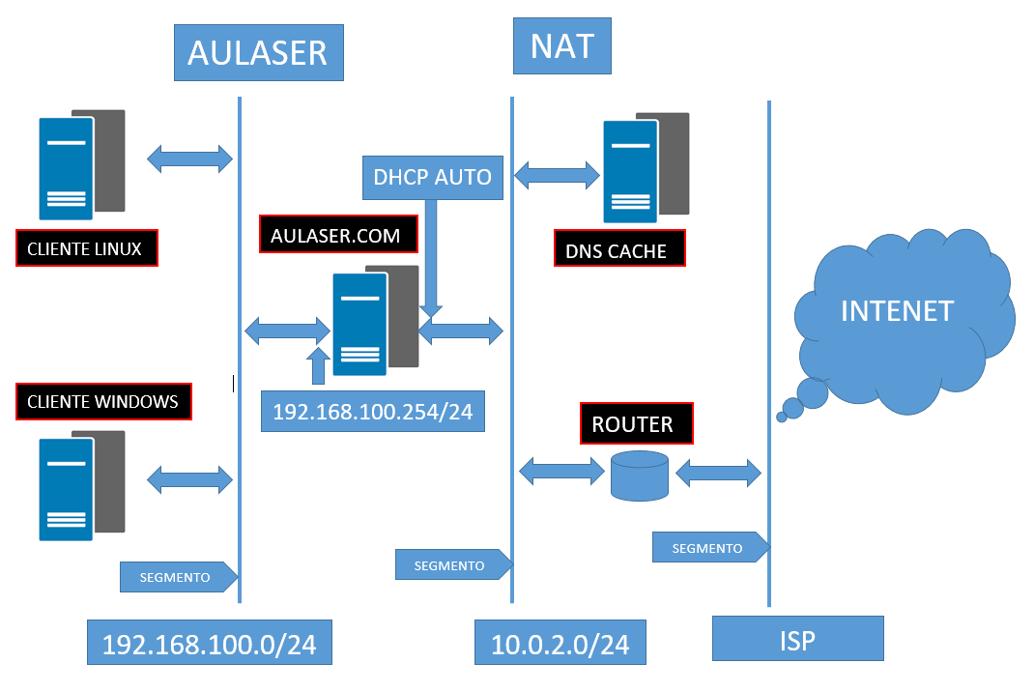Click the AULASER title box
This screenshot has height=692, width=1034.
coord(258,52)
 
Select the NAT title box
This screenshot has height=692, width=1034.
coord(562,46)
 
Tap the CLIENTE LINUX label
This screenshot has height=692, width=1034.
coord(86,248)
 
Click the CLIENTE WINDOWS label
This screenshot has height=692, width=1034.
coord(103,401)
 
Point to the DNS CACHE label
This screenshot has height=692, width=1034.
coord(618,249)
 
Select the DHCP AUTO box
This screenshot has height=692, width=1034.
coord(432,177)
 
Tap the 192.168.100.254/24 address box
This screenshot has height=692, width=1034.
coord(372,411)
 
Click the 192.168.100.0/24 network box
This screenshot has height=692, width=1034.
coord(209,643)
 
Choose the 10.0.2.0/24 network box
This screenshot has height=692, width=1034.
coord(560,644)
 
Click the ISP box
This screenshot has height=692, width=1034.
coord(797,639)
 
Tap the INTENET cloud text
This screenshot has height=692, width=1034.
coord(897,311)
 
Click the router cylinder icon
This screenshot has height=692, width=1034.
coord(639,476)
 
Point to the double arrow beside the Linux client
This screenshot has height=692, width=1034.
coord(189,159)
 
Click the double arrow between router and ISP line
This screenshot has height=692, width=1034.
coord(718,473)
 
